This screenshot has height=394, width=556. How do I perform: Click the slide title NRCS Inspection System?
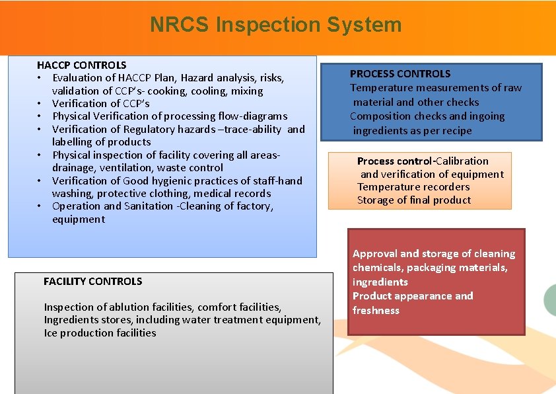pos(275,25)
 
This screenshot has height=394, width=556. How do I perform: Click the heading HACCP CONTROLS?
pos(81,65)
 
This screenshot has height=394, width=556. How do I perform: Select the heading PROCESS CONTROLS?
pos(400,74)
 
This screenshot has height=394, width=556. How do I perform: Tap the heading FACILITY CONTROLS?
pos(92,282)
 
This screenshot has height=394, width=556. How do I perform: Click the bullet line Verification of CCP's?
pos(100,104)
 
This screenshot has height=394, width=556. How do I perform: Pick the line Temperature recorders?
pos(413,187)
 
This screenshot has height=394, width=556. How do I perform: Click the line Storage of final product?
pos(414,200)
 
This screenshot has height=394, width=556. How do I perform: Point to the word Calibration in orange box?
pos(462,161)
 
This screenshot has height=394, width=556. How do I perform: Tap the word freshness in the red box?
pos(376,311)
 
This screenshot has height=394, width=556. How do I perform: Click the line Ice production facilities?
pos(100,333)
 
